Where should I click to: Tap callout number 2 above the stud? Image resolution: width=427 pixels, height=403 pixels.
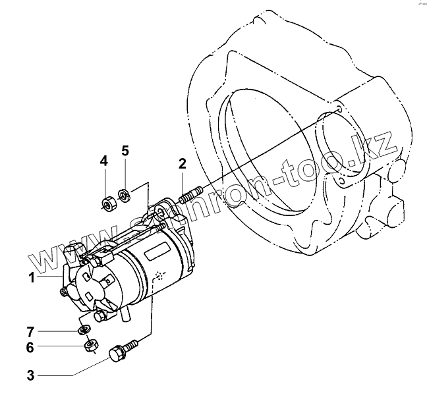point(183,163)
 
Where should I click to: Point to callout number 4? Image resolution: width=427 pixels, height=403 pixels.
point(103,161)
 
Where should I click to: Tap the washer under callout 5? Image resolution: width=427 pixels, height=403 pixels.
point(123,194)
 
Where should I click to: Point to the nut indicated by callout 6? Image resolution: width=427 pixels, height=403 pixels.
point(90,344)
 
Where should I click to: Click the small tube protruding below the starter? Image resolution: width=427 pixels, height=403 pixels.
point(125,315)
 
